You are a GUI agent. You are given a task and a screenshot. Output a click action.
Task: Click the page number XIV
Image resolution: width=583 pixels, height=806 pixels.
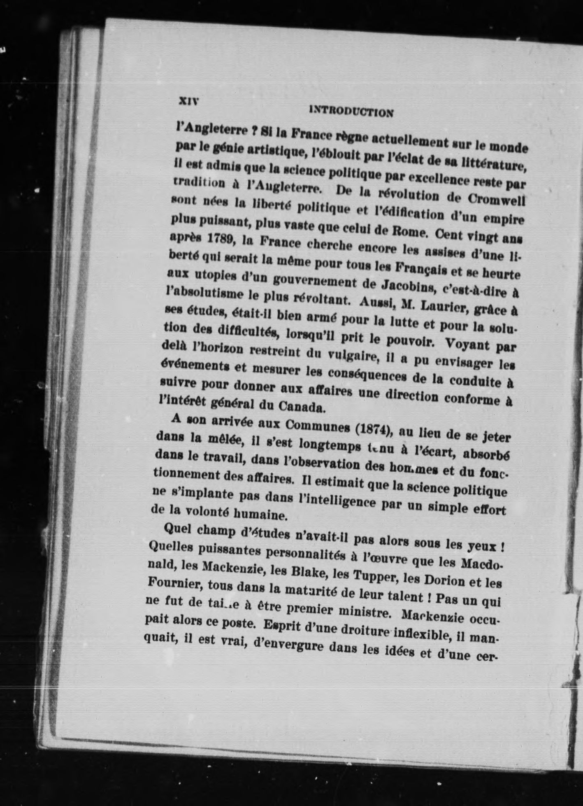pyautogui.click(x=188, y=100)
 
